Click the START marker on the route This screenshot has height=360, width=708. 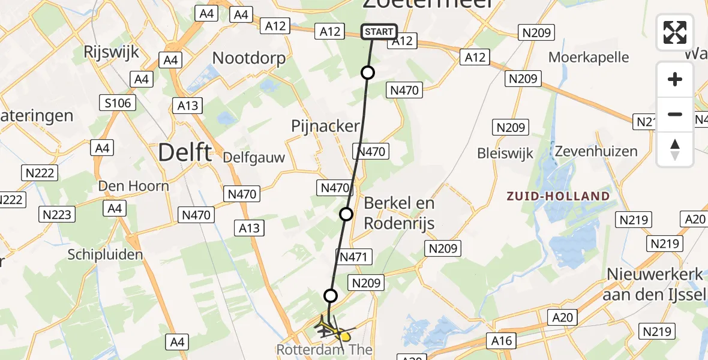[379, 32]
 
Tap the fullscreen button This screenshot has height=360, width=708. [675, 32]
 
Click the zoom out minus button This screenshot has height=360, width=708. [675, 114]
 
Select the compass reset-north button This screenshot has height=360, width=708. [675, 149]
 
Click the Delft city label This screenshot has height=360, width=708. [185, 153]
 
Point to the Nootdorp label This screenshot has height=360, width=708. [249, 58]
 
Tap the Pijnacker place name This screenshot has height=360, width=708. [325, 127]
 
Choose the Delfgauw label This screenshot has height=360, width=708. [253, 157]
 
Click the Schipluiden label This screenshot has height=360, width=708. [106, 254]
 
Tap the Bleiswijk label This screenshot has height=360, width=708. [505, 154]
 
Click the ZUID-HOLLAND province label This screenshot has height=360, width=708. [558, 196]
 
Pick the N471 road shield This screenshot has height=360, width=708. [355, 257]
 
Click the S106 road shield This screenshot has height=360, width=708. [117, 103]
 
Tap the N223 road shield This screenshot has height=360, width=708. [58, 214]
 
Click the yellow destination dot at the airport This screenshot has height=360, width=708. [346, 337]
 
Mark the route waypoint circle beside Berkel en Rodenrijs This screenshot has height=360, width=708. [346, 214]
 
